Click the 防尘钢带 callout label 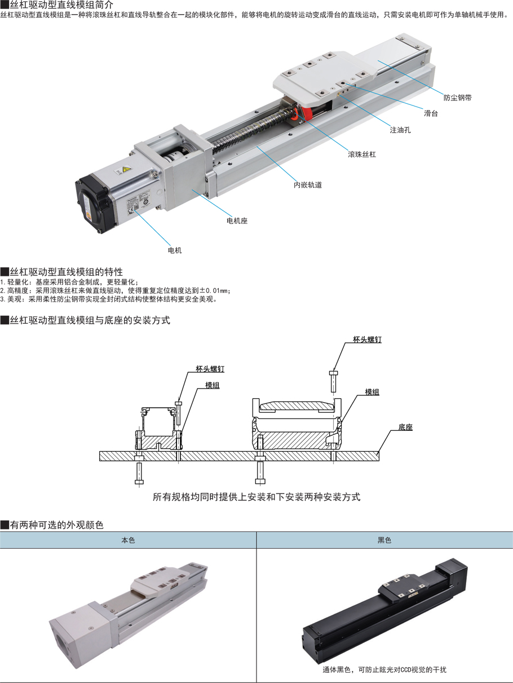(x=457, y=98)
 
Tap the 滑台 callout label (x=431, y=113)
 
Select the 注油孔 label (x=400, y=130)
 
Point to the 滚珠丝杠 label (x=362, y=155)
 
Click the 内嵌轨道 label (x=308, y=185)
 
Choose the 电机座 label (x=237, y=221)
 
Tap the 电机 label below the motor (x=175, y=250)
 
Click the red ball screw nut (x=303, y=113)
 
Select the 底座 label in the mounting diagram (x=405, y=427)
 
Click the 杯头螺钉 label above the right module (x=367, y=339)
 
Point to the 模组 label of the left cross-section (x=213, y=385)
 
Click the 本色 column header (x=128, y=540)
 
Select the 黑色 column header (x=384, y=540)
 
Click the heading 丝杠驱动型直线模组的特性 (x=66, y=272)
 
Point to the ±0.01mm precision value (x=214, y=291)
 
